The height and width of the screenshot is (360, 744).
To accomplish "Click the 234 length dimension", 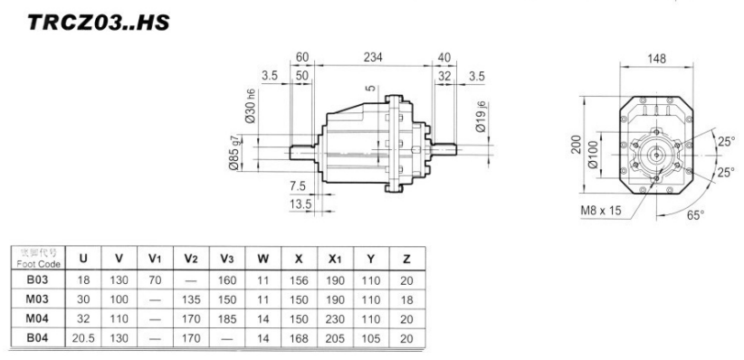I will pos(372,57).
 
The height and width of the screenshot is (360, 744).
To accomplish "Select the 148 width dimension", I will pos(657,59).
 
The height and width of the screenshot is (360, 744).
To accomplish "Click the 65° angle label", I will pos(694,217).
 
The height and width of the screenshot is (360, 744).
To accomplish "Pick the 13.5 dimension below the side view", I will pos(300,204).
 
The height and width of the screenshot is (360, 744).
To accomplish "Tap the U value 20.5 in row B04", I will pos(83,337).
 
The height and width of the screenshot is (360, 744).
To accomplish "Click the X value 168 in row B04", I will pos(297,337).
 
